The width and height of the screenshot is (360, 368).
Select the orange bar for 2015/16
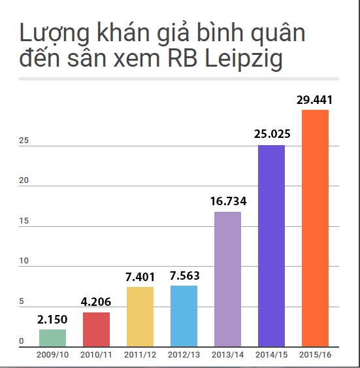coord(315,228)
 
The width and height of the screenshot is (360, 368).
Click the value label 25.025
coord(271,135)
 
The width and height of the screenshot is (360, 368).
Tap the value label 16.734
coord(227,201)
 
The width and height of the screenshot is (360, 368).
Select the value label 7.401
coord(140,276)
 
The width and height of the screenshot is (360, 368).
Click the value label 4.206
coord(96,302)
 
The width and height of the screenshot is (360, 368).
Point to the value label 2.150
coord(52,319)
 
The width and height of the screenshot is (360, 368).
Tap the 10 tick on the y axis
coord(22,261)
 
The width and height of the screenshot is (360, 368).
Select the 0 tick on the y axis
coord(21,342)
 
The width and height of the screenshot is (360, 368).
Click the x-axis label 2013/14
coord(227,355)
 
